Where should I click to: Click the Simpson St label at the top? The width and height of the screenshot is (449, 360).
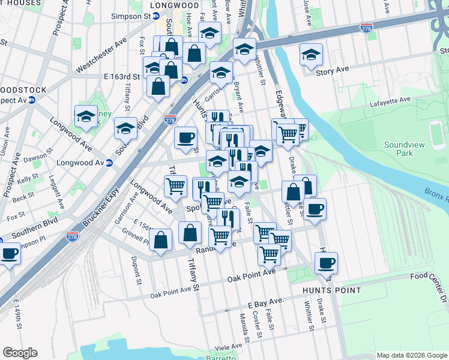tap(133, 17)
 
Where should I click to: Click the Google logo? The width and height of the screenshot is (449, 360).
tap(20, 353)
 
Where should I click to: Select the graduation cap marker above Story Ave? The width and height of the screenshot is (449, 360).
tap(311, 54)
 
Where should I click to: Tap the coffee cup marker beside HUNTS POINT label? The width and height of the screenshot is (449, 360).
tap(326, 262)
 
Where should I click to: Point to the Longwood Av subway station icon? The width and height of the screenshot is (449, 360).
tap(109, 163)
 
